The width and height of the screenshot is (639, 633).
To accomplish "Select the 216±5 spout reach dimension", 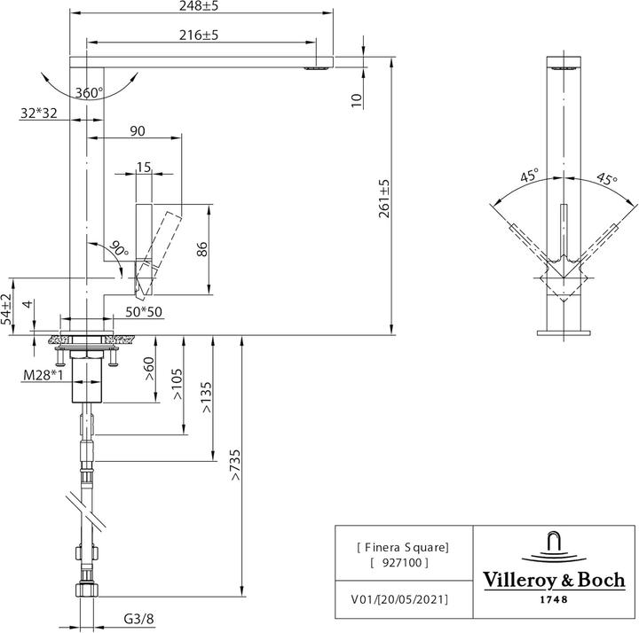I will click(x=200, y=35).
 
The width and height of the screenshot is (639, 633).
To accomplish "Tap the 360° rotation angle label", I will click(x=89, y=93).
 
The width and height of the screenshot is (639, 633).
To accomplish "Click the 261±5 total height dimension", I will click(x=383, y=198).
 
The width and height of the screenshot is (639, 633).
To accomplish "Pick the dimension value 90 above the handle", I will click(x=138, y=131).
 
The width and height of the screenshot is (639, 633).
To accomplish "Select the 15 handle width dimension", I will click(x=145, y=166).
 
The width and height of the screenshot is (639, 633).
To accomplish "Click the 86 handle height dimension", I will click(x=202, y=249).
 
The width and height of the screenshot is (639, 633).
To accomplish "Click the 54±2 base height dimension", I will click(x=7, y=309).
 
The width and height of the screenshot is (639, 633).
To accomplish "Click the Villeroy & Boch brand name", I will click(x=553, y=581).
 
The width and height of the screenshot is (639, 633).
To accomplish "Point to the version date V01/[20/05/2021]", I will click(x=393, y=599).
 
